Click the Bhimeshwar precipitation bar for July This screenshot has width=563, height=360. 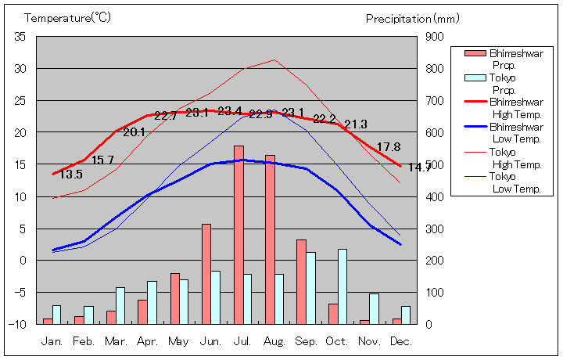[238, 235]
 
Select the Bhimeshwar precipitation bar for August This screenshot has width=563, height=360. [270, 239]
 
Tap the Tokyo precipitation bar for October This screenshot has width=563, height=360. [342, 286]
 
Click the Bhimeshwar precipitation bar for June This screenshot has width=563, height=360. [206, 274]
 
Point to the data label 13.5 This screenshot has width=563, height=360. [70, 175]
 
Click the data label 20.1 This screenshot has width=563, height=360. [134, 132]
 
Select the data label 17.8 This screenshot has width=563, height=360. [389, 147]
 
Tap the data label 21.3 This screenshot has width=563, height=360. [356, 124]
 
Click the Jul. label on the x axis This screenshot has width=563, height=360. [243, 341]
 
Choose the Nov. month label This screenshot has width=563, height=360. [369, 341]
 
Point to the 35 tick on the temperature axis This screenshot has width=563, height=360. [20, 37]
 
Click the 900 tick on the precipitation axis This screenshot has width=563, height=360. [435, 37]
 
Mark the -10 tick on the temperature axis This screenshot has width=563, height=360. [19, 324]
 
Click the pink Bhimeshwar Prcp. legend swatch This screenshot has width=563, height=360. [475, 53]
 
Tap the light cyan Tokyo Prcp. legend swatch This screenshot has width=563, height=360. [475, 77]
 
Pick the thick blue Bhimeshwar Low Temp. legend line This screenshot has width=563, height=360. [475, 126]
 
